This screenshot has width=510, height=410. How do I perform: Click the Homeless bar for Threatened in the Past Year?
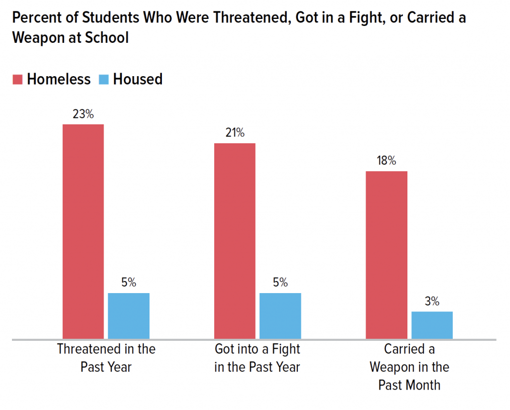tap(83, 231)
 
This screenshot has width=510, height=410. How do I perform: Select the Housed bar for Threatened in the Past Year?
tap(128, 316)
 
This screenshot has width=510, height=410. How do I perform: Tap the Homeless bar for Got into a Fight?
tap(235, 241)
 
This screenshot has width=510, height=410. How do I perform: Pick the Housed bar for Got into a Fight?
tap(280, 316)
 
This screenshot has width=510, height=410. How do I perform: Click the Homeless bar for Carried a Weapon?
tap(386, 255)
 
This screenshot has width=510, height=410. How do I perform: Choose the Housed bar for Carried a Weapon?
tap(432, 325)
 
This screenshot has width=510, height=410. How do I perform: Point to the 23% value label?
tap(83, 114)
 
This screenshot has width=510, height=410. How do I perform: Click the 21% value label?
tap(235, 133)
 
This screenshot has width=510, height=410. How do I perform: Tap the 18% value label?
tap(386, 161)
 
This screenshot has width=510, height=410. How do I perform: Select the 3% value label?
tap(432, 301)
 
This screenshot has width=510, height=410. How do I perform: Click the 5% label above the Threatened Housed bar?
tap(128, 283)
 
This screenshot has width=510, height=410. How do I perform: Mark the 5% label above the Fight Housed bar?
tap(280, 283)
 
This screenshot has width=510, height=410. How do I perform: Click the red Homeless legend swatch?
tap(18, 79)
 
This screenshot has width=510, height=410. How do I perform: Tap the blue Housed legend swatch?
tap(104, 79)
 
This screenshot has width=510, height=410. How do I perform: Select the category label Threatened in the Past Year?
tap(106, 358)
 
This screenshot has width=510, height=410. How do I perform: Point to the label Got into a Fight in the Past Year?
tap(257, 358)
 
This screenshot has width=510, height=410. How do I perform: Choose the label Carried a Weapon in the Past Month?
tap(409, 367)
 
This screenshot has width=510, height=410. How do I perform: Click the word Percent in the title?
tap(35, 19)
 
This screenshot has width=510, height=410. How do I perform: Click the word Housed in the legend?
tap(137, 79)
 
